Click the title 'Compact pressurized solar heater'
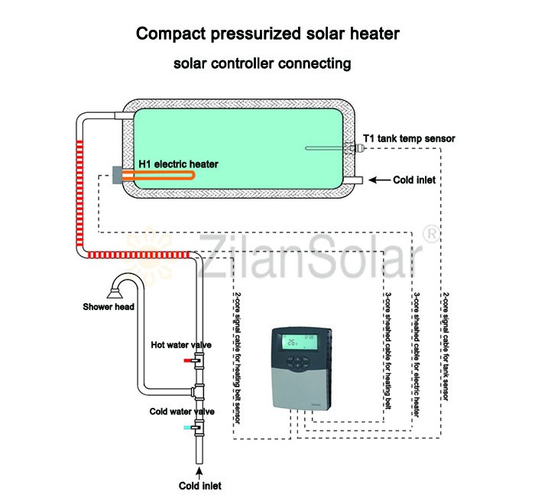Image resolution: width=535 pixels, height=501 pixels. (x=267, y=34)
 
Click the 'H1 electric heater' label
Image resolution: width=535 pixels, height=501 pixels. (x=178, y=163)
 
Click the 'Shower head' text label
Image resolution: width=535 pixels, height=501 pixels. (x=109, y=308)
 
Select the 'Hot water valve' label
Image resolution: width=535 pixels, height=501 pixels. (x=181, y=344)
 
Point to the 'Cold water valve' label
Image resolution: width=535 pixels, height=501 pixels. (x=182, y=412)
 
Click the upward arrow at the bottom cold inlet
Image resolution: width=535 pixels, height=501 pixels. (x=201, y=471)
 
